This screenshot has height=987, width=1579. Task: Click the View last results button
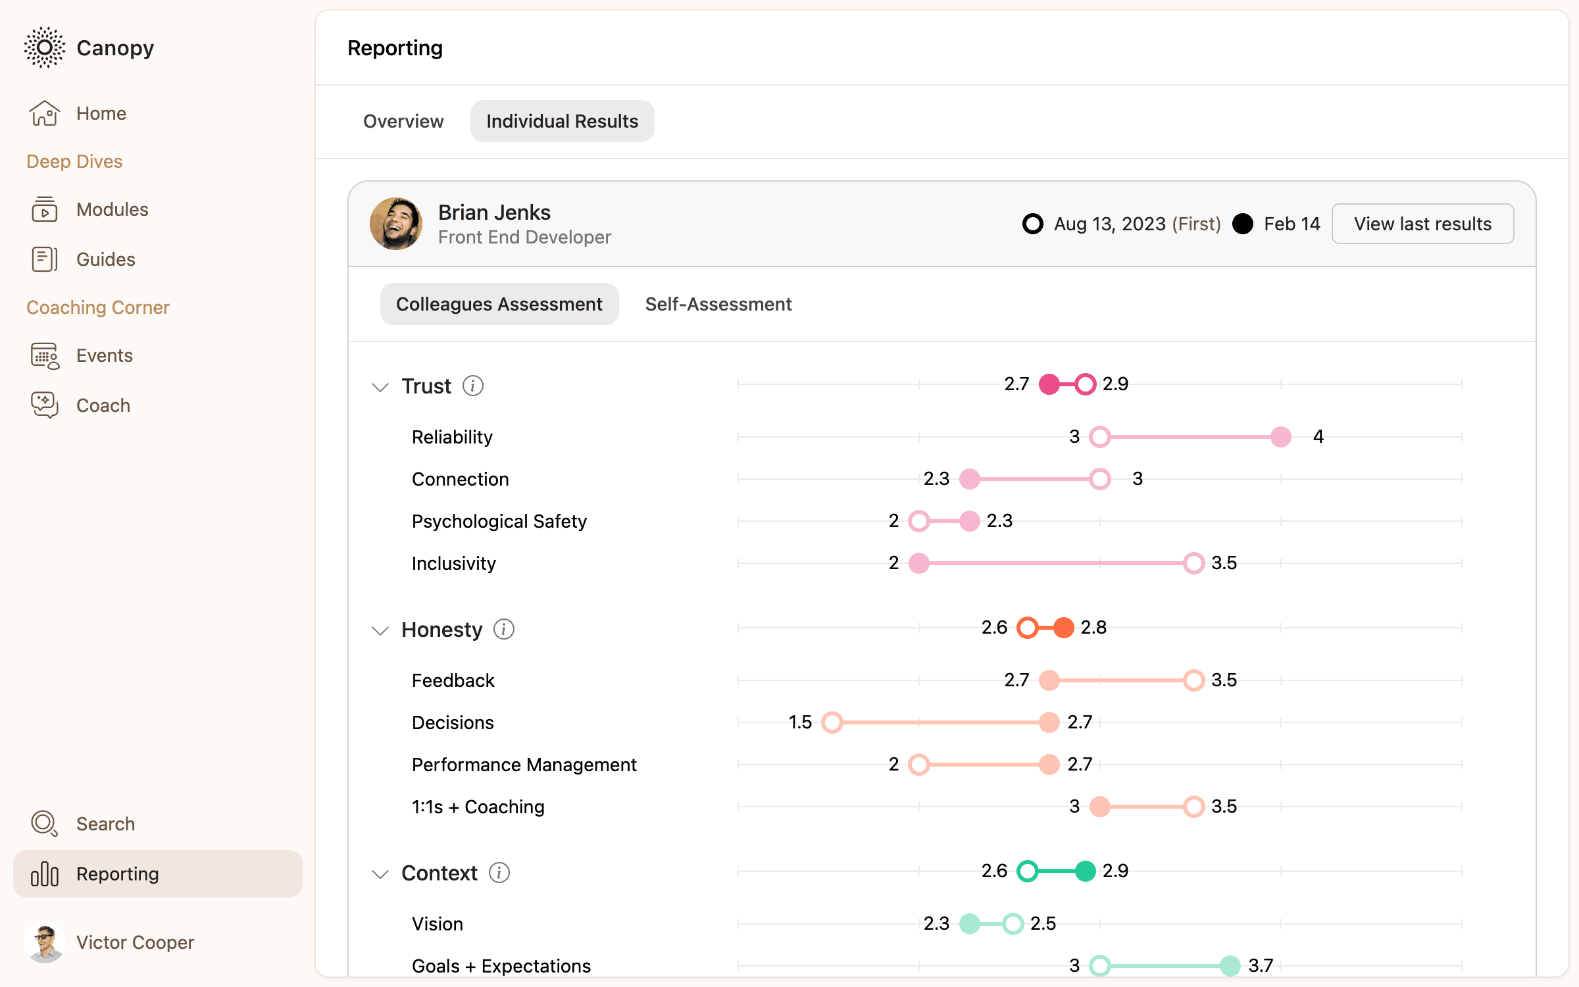click(x=1422, y=224)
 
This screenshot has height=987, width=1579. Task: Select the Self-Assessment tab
click(x=718, y=304)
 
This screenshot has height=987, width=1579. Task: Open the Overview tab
click(x=403, y=121)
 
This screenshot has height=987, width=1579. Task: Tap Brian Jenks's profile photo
click(x=396, y=224)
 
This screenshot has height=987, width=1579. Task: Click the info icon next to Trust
click(x=472, y=386)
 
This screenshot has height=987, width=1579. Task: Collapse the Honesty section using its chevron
click(x=380, y=630)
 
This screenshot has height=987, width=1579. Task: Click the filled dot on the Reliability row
click(x=1280, y=437)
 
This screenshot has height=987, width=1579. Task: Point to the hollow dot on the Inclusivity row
click(x=1193, y=563)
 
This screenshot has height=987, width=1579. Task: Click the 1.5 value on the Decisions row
click(x=800, y=722)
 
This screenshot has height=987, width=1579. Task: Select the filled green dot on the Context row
click(x=1085, y=871)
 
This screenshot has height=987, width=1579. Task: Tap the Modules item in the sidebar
click(x=112, y=209)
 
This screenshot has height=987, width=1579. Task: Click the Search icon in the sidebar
click(x=44, y=824)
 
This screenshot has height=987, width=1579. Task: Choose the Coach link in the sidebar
click(x=103, y=405)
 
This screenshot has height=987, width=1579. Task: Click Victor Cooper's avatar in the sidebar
click(x=45, y=942)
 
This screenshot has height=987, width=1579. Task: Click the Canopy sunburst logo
click(x=45, y=47)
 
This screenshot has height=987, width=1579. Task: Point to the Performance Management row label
click(x=524, y=765)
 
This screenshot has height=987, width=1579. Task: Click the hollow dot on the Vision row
click(x=1013, y=924)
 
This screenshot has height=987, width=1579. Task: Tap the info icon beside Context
click(x=499, y=873)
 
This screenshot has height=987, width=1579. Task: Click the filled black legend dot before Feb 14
click(x=1243, y=224)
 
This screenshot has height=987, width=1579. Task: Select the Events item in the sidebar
click(x=104, y=355)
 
